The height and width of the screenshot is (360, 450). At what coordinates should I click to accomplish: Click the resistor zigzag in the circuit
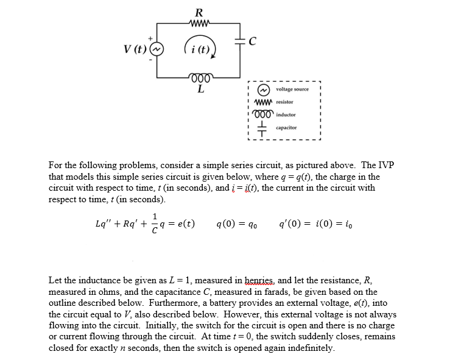pyautogui.click(x=199, y=24)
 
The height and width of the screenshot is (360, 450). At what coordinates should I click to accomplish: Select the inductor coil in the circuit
pyautogui.click(x=199, y=77)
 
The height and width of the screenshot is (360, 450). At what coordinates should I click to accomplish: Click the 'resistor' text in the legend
pyautogui.click(x=284, y=102)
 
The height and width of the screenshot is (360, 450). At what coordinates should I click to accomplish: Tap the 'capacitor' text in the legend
pyautogui.click(x=286, y=128)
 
